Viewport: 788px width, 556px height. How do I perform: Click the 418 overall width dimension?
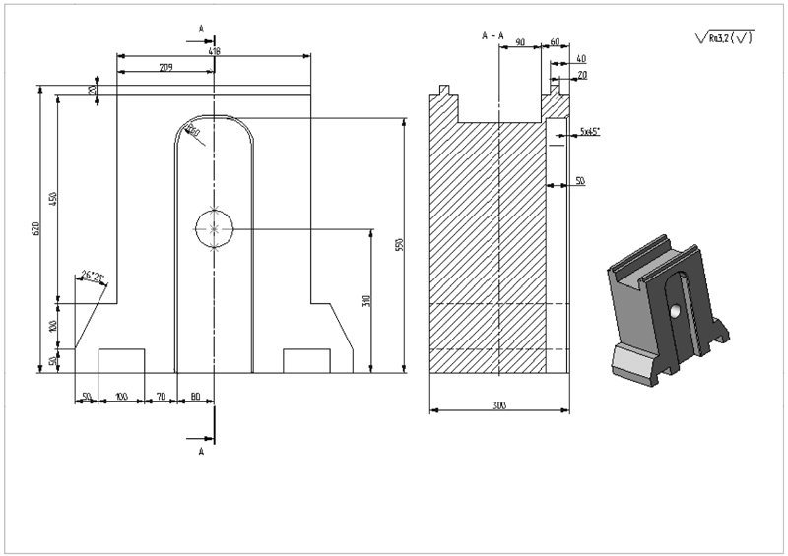(x=214, y=50)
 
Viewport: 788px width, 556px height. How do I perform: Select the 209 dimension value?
(x=165, y=67)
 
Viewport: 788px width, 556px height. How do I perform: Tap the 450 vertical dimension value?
(x=54, y=200)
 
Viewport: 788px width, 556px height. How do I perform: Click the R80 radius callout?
(x=193, y=132)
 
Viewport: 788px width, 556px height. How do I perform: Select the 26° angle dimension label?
(x=92, y=276)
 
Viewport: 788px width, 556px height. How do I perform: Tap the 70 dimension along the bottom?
(x=160, y=396)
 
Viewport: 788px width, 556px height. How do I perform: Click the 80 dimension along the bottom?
(x=195, y=396)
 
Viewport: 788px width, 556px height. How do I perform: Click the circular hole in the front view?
(x=214, y=228)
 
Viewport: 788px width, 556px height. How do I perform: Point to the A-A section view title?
(x=492, y=35)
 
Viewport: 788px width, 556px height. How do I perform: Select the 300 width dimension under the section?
(x=499, y=404)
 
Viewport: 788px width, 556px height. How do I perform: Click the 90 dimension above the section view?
(x=520, y=42)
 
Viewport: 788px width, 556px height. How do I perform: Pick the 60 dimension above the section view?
(x=555, y=42)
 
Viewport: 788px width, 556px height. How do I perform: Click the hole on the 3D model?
(x=674, y=310)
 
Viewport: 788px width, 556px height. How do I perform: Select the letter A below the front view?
(x=202, y=451)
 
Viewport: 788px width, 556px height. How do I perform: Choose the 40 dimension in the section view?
(x=580, y=58)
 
